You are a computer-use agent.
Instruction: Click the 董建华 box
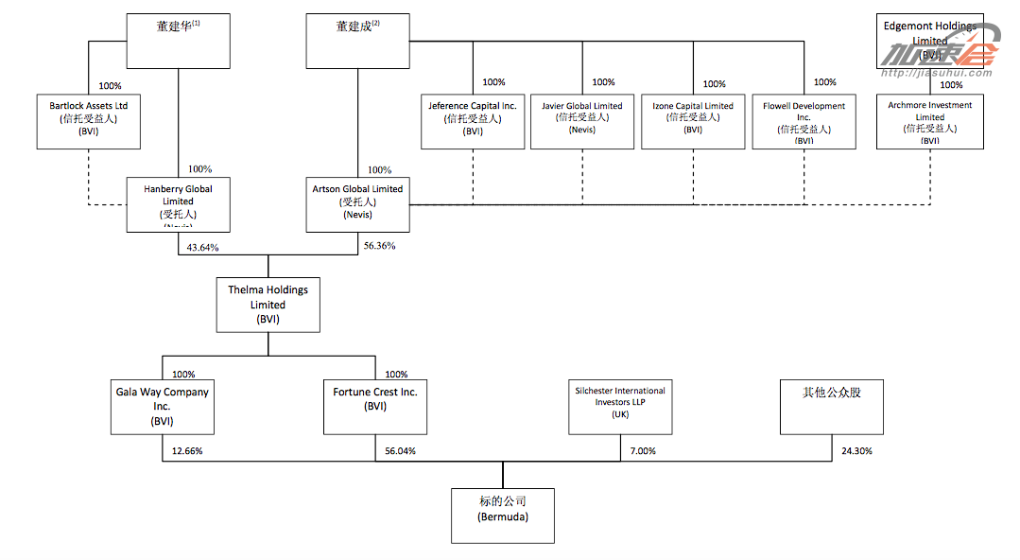coord(178,41)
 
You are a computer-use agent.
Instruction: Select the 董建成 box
coord(357,41)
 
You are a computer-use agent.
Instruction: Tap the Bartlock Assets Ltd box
coord(88,120)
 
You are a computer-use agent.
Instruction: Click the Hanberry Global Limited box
coord(178,204)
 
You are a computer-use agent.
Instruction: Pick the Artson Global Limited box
coord(357,204)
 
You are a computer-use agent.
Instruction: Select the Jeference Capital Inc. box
coord(473,121)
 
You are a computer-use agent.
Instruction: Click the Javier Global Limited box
coord(582,121)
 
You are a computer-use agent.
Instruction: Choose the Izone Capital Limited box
coord(693,121)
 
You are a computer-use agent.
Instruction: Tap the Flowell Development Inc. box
coord(804,121)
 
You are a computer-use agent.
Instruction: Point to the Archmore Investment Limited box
coord(929,121)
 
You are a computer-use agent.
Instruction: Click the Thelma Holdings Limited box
coord(268,304)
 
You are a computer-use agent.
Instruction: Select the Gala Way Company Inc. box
coord(162,407)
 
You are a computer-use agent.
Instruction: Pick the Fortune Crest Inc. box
coord(374,407)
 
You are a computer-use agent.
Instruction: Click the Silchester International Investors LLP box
coord(620,407)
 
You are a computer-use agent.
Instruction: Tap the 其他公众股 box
coord(832,407)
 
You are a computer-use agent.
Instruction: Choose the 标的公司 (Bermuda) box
coord(503,516)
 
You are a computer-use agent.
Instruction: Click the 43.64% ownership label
coord(202,248)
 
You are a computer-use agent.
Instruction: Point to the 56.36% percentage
coord(379,246)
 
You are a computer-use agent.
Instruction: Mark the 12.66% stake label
coord(187,451)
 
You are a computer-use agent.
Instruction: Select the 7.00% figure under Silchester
coord(643,451)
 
